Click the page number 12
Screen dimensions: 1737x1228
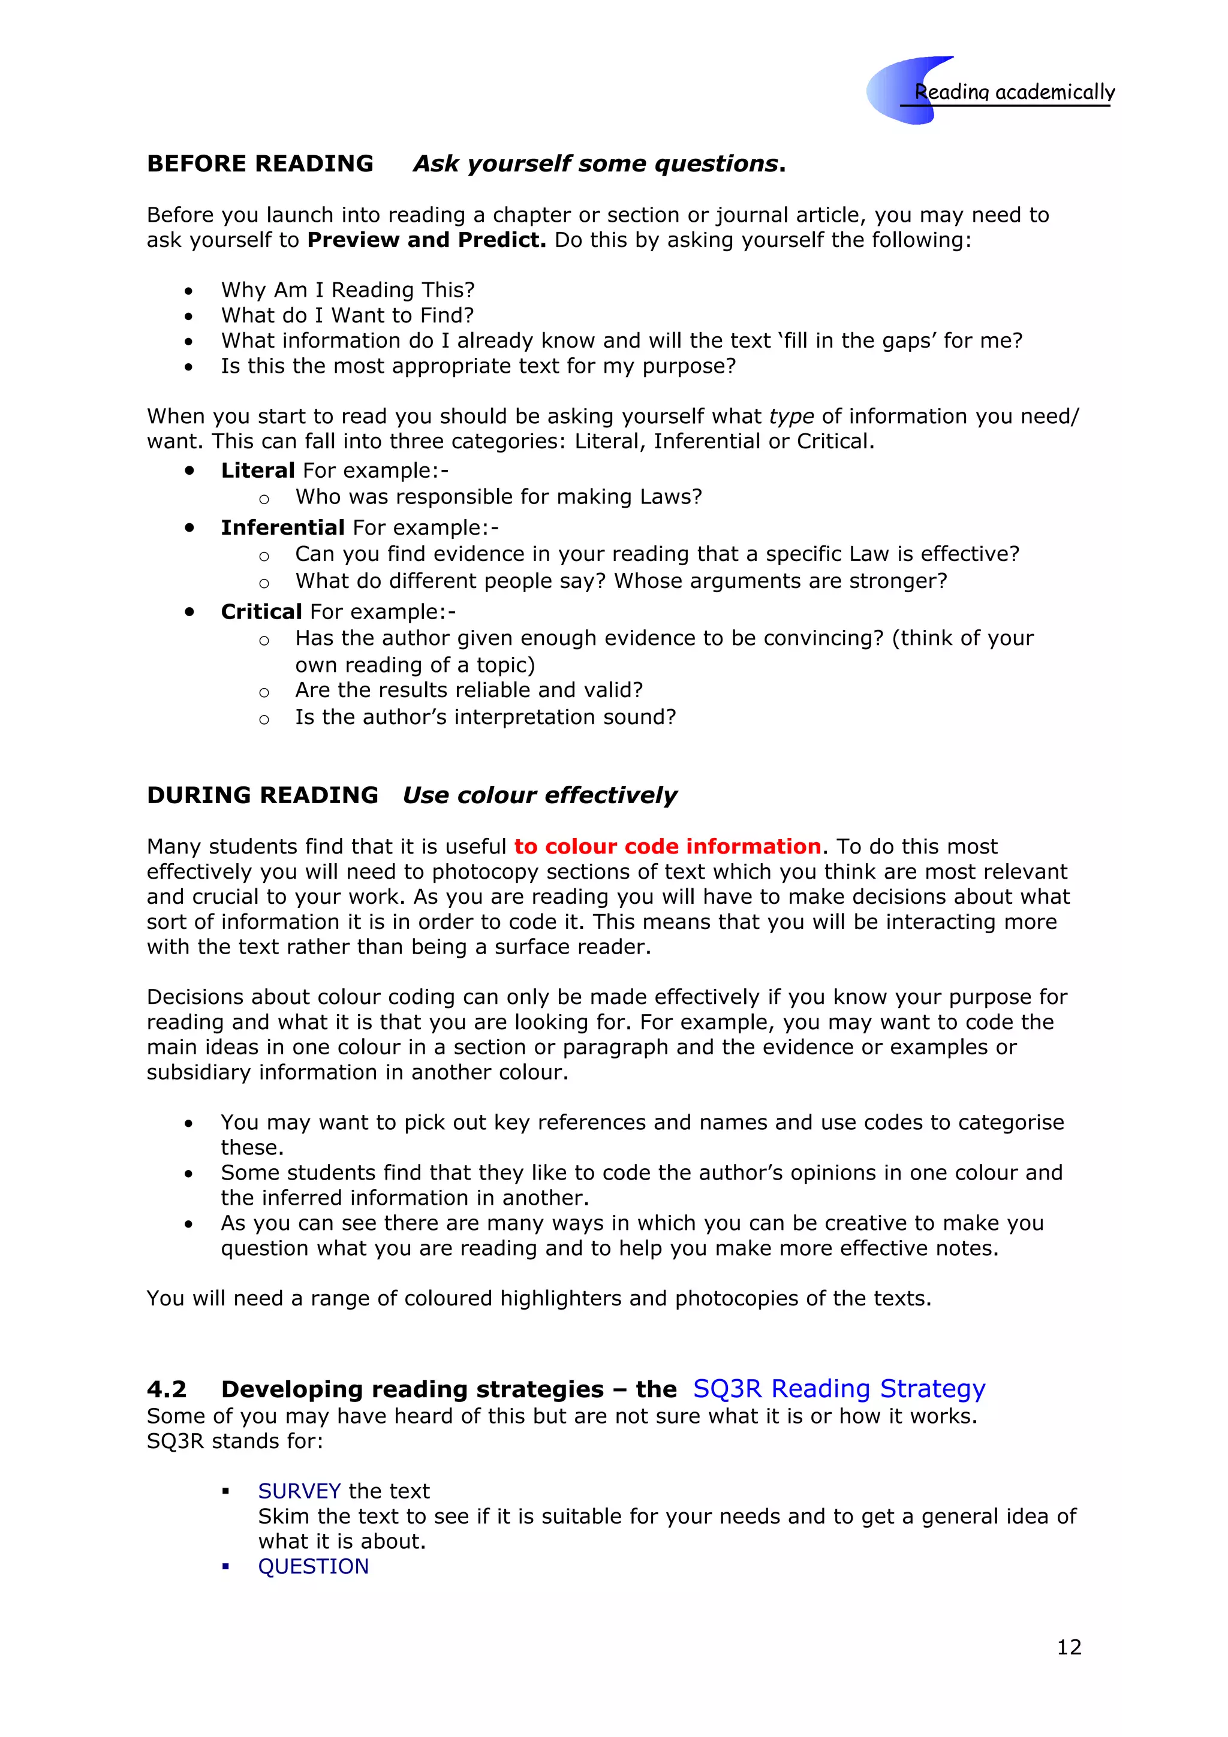pyautogui.click(x=1069, y=1647)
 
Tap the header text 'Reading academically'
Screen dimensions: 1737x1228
pyautogui.click(x=1014, y=92)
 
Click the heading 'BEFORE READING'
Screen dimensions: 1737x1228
pyautogui.click(x=260, y=164)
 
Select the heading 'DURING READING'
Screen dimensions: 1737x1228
pyautogui.click(x=262, y=795)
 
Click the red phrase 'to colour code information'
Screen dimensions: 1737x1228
pyautogui.click(x=667, y=846)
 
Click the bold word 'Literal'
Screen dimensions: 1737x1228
pyautogui.click(x=257, y=471)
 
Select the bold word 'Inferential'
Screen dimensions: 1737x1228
pyautogui.click(x=282, y=527)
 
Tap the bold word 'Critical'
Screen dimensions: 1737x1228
pyautogui.click(x=261, y=611)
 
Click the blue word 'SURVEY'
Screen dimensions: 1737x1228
pyautogui.click(x=299, y=1491)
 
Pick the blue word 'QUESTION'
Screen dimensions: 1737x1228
pyautogui.click(x=313, y=1566)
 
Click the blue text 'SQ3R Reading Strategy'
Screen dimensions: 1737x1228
pyautogui.click(x=838, y=1389)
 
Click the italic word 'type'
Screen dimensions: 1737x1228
pyautogui.click(x=791, y=416)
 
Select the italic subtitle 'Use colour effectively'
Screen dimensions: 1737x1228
pyautogui.click(x=540, y=795)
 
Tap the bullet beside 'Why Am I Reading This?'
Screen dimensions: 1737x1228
pyautogui.click(x=188, y=291)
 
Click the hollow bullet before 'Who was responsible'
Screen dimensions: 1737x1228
pyautogui.click(x=263, y=499)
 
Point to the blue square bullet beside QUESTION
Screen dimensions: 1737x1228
pyautogui.click(x=225, y=1566)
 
